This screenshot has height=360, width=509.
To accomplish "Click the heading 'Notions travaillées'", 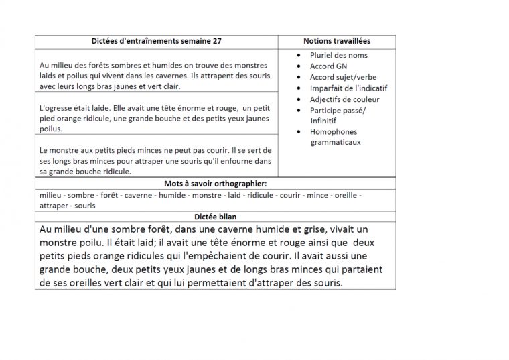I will click(x=336, y=41).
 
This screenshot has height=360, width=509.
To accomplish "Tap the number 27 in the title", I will click(x=216, y=41).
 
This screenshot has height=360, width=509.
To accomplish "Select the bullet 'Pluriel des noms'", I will click(x=338, y=55).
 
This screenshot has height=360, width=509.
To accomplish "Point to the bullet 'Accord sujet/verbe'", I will click(x=342, y=77).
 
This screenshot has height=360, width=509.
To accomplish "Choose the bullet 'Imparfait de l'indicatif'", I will click(x=348, y=88).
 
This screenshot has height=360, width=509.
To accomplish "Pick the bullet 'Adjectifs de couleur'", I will click(x=342, y=99).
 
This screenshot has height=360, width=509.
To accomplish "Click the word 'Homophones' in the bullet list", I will click(x=333, y=131).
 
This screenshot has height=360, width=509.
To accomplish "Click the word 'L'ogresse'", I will click(x=56, y=107).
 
